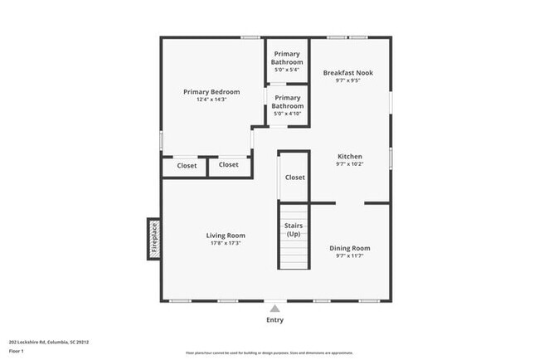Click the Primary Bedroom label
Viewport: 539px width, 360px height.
click(x=211, y=91)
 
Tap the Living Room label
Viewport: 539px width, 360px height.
click(x=226, y=236)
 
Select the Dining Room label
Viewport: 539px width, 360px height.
click(x=350, y=248)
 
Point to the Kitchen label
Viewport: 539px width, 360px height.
click(x=350, y=156)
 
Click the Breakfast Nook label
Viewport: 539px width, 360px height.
click(x=347, y=73)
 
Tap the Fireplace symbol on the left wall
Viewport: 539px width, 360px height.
click(x=154, y=238)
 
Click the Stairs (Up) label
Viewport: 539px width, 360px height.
click(x=294, y=230)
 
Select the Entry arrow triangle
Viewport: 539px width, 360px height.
click(x=274, y=309)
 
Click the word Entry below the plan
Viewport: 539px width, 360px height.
click(x=274, y=320)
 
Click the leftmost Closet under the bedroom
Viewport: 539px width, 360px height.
click(x=187, y=166)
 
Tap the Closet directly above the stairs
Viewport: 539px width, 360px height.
click(x=294, y=177)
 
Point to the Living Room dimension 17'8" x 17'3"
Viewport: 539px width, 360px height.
click(x=226, y=244)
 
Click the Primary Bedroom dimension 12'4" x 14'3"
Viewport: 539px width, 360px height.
click(x=211, y=100)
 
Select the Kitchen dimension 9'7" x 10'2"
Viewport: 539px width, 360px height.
click(x=350, y=164)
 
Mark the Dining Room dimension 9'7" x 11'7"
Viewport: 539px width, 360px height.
click(x=350, y=256)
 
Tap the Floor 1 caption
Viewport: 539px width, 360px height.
click(x=17, y=352)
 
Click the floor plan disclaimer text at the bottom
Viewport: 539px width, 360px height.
click(x=269, y=353)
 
